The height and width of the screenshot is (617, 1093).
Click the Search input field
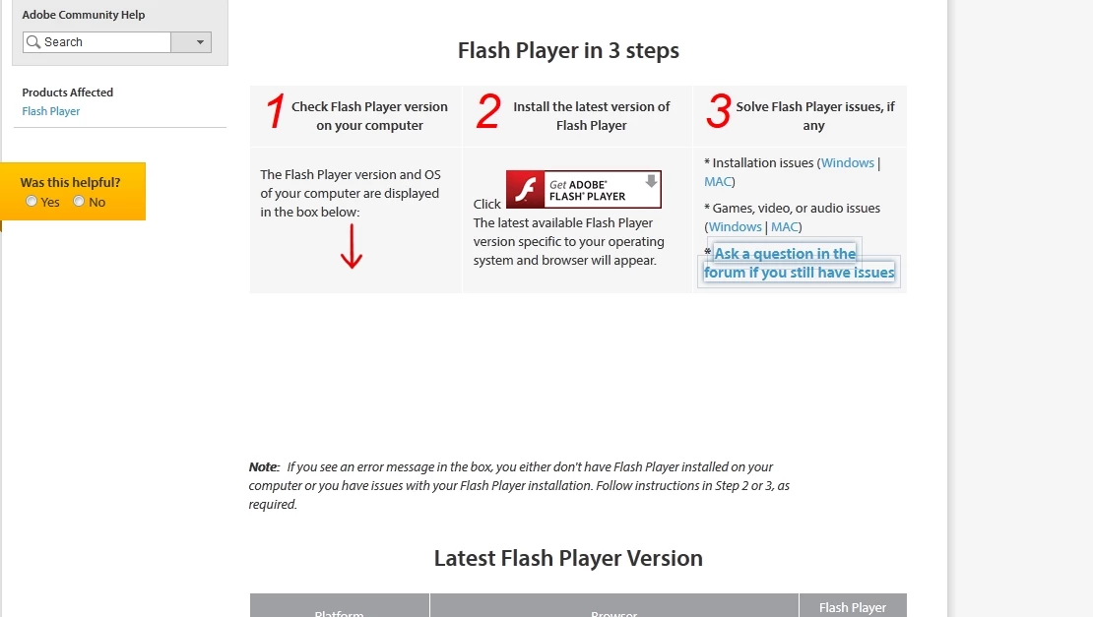(96, 42)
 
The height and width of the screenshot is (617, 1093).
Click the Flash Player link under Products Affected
(51, 111)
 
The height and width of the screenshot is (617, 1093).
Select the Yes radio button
(32, 202)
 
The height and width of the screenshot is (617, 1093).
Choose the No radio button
(79, 202)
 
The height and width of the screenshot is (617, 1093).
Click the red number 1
(276, 111)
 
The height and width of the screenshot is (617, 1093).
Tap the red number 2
(488, 111)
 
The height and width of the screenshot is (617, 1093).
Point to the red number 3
(718, 111)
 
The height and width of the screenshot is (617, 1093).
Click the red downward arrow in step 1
(352, 247)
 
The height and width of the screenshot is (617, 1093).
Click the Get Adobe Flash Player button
(584, 189)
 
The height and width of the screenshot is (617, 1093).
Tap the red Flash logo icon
(525, 189)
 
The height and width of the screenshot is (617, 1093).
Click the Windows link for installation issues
(847, 163)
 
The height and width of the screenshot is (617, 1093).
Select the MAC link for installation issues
(717, 182)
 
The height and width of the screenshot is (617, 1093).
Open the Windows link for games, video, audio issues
(735, 227)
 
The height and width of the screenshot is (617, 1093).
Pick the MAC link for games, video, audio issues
(784, 227)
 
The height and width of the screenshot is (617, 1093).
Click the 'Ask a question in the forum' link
(799, 264)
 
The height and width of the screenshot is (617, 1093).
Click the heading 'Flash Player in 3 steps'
(568, 51)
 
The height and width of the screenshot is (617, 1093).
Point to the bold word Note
(264, 467)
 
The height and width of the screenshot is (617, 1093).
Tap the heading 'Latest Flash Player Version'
(568, 559)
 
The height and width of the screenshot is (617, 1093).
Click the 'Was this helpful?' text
(70, 182)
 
